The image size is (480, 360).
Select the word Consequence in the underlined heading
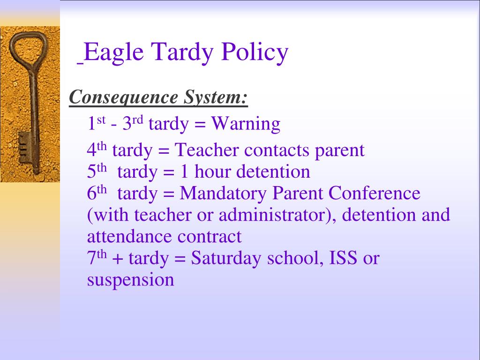pos(123,98)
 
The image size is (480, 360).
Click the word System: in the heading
pos(216,98)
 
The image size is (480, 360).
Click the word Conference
pos(375,193)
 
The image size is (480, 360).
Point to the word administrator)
pos(275,215)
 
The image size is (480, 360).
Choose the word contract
pos(210,237)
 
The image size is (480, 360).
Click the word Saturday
pos(226,259)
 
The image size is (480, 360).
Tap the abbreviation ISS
pos(343,258)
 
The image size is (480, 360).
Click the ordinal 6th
pos(97,193)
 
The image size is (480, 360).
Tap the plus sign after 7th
pos(118,259)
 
